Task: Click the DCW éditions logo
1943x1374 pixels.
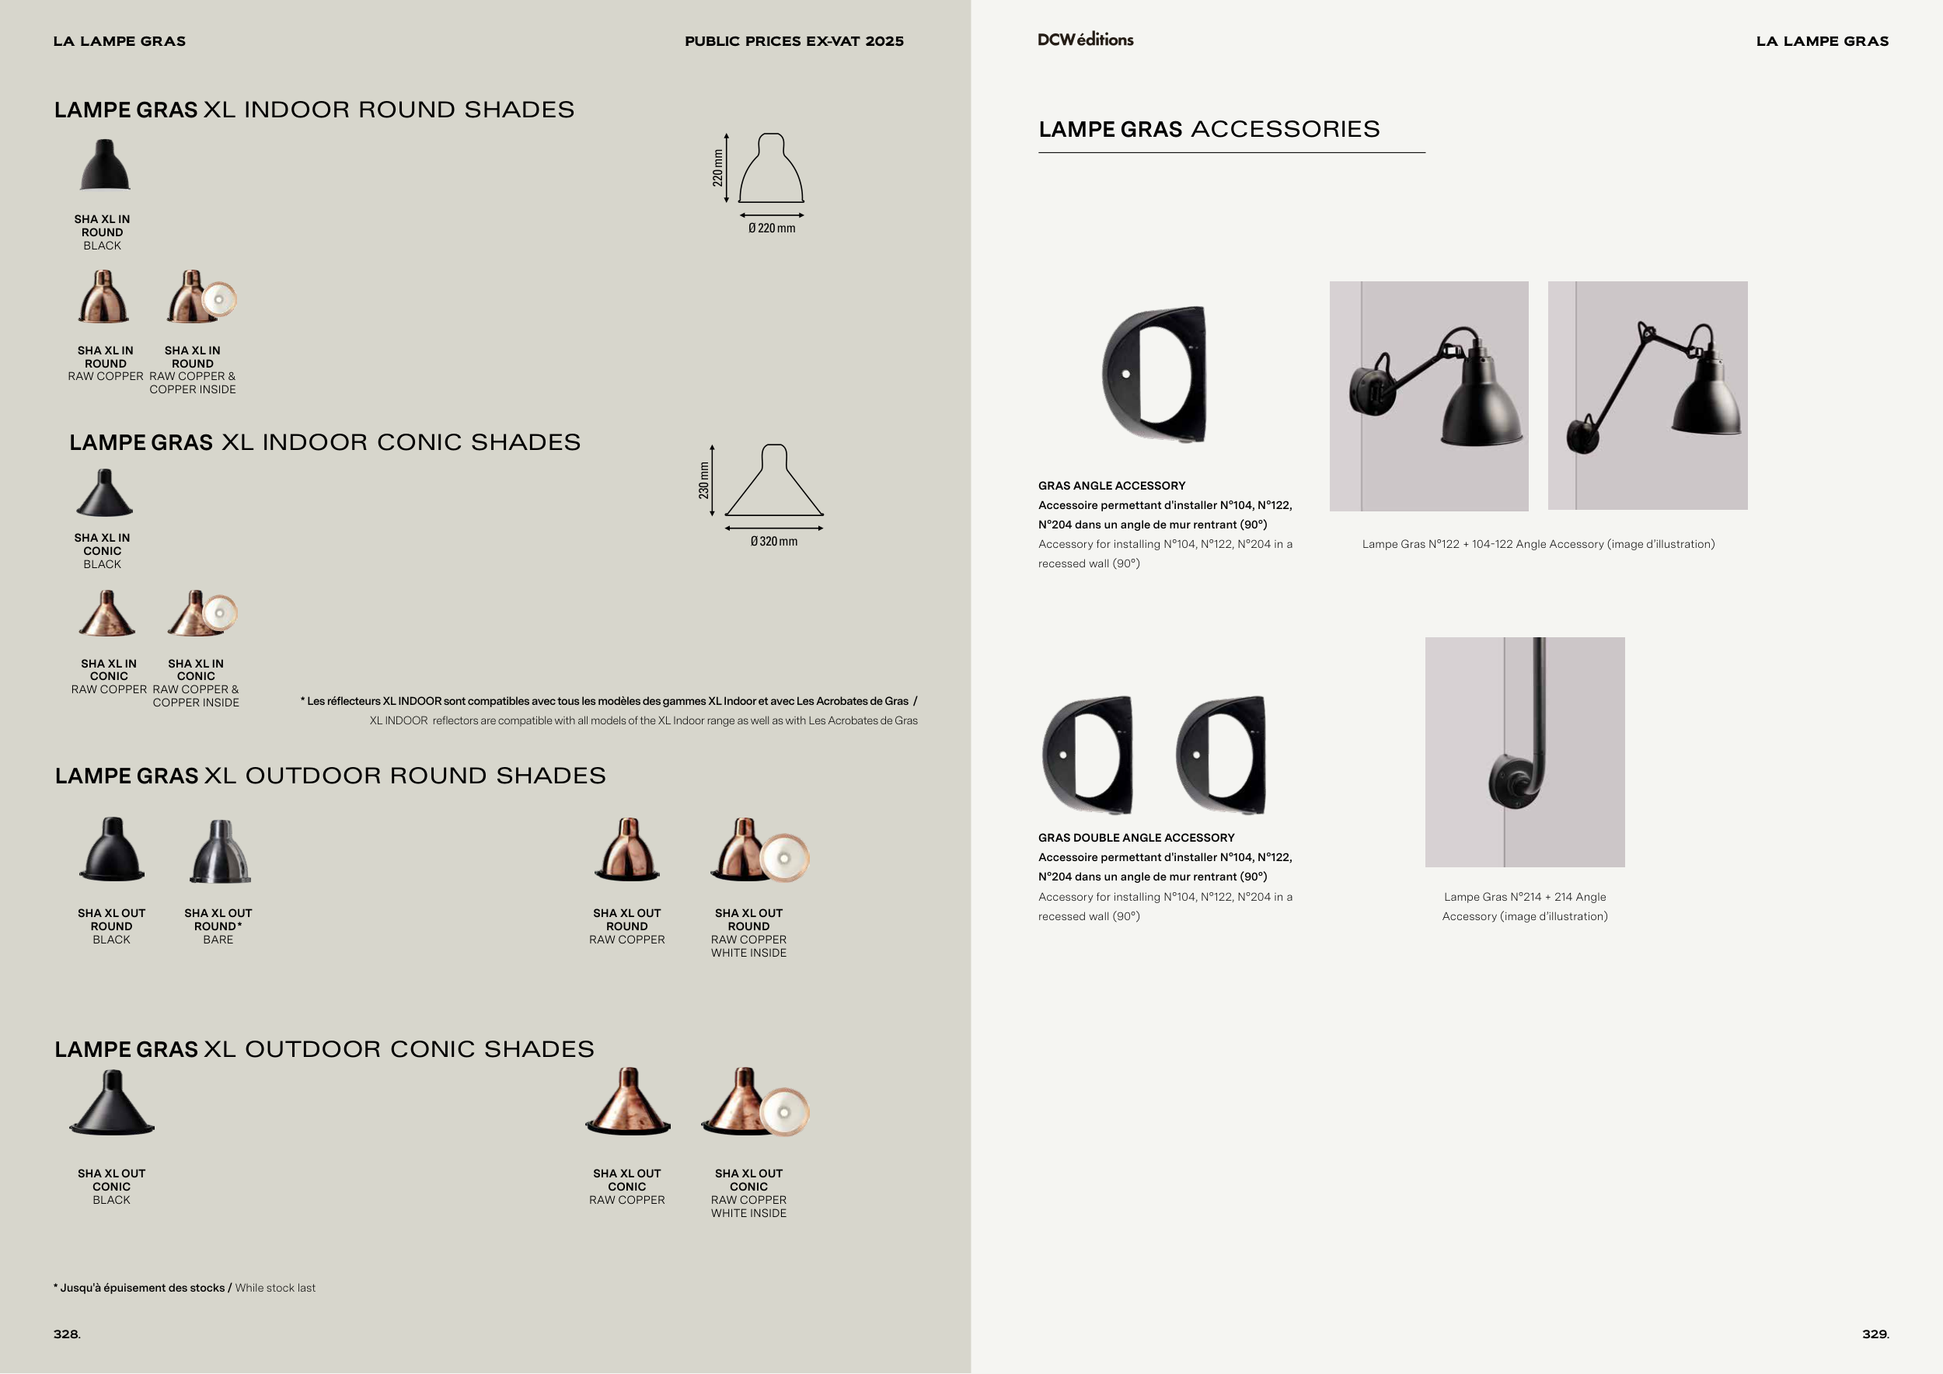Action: click(1085, 39)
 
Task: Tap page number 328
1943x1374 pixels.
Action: click(67, 1334)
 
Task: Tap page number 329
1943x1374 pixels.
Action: click(1875, 1334)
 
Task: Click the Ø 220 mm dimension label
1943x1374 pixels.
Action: click(772, 228)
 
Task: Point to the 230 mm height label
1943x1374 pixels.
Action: click(704, 480)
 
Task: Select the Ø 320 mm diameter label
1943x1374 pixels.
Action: click(773, 542)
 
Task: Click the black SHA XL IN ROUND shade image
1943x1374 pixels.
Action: click(105, 165)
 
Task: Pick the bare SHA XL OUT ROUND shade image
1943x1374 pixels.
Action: click(219, 851)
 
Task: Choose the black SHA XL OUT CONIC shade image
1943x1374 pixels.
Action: click(112, 1103)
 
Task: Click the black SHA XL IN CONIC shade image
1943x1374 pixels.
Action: click(104, 493)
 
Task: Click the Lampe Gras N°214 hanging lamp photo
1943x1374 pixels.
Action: click(1525, 752)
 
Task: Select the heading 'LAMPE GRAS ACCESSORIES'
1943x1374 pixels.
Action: click(1209, 130)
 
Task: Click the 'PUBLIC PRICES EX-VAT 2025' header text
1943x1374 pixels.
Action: click(794, 41)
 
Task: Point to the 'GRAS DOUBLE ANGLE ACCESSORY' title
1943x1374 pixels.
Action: click(1136, 838)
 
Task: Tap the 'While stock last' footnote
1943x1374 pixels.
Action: click(275, 1288)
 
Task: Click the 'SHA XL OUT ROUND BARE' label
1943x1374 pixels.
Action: click(218, 926)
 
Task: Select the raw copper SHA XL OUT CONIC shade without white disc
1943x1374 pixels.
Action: click(628, 1101)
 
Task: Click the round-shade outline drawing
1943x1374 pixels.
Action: click(771, 169)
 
